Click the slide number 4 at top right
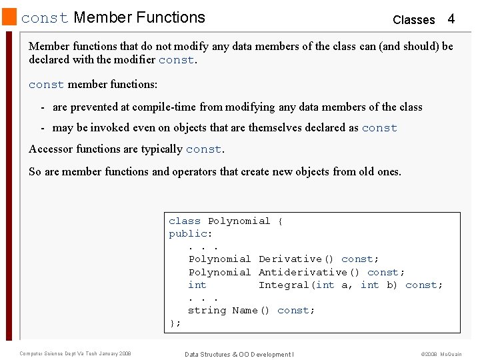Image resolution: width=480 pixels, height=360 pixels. point(451,19)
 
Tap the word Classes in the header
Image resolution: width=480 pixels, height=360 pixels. point(413,19)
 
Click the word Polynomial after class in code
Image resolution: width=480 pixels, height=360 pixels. point(239,221)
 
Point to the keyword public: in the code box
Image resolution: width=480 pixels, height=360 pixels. point(191,233)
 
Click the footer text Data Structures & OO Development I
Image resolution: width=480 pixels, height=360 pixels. point(239,354)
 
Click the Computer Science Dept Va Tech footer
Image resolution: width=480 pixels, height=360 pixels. point(75,353)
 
